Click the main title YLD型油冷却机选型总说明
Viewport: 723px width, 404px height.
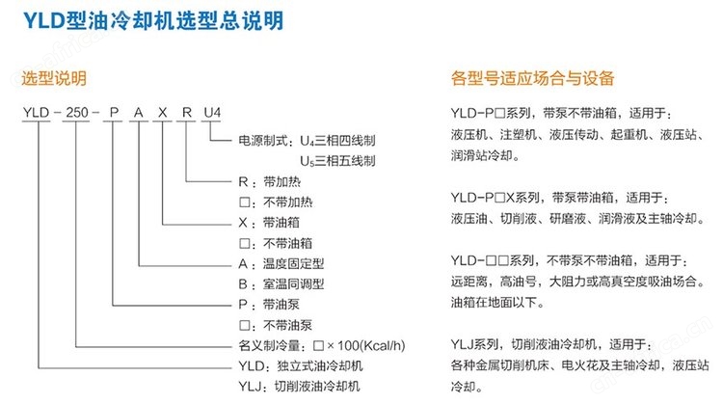[153, 21]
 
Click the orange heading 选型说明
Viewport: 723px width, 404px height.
[54, 78]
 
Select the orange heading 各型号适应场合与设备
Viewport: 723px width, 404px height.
[532, 78]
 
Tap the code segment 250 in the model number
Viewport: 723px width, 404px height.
[77, 113]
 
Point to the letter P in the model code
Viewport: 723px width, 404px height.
[114, 113]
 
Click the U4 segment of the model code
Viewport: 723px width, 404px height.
[212, 113]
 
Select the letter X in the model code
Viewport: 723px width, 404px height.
[162, 113]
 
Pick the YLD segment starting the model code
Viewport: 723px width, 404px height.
[37, 113]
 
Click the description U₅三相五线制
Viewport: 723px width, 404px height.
[337, 161]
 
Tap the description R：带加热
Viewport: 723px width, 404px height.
[269, 181]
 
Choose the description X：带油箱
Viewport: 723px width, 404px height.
[269, 223]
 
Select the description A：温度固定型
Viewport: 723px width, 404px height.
[281, 264]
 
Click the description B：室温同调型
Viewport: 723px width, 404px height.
[281, 284]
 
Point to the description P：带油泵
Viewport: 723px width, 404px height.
[269, 305]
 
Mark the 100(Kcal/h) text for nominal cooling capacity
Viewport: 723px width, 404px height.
[371, 345]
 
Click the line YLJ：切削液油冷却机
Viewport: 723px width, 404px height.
[299, 387]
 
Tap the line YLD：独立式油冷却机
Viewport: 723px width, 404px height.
[301, 366]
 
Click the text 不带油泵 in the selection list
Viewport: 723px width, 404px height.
[287, 325]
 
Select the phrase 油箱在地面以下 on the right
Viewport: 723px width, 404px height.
[494, 303]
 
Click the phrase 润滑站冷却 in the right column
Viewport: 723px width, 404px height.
[481, 156]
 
